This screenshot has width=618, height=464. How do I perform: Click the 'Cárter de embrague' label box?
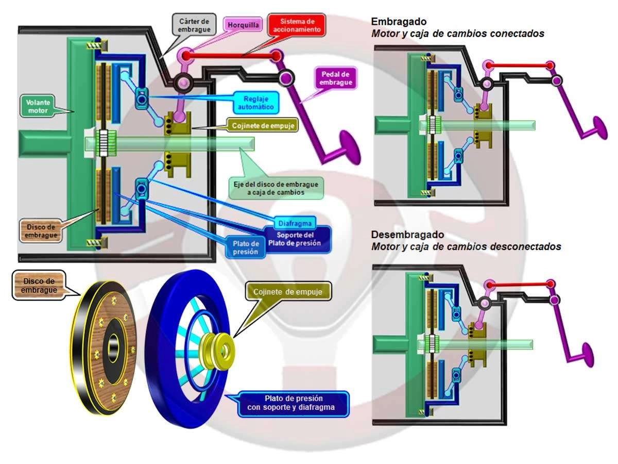click(x=194, y=25)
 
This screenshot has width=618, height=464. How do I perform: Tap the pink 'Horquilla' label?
click(x=243, y=25)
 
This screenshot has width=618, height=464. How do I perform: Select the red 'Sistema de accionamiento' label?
click(x=297, y=25)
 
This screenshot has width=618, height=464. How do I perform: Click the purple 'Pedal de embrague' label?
click(x=335, y=78)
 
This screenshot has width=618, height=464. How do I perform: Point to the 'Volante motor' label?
click(x=38, y=107)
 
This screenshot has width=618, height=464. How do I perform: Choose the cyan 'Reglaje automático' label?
click(x=255, y=103)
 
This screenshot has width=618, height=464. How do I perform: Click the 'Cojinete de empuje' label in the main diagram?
click(x=263, y=126)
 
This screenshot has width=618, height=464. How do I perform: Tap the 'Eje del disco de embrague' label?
click(x=276, y=188)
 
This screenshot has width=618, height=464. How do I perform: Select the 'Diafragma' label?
click(x=295, y=223)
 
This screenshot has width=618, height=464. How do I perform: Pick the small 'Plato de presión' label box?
click(x=246, y=247)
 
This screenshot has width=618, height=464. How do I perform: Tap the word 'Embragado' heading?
click(x=399, y=22)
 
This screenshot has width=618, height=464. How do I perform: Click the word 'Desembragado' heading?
click(x=407, y=235)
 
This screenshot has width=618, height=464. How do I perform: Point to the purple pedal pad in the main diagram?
click(x=350, y=147)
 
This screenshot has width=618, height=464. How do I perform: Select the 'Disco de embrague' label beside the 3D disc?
click(x=39, y=286)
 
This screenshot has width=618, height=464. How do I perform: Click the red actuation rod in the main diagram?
click(x=230, y=56)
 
